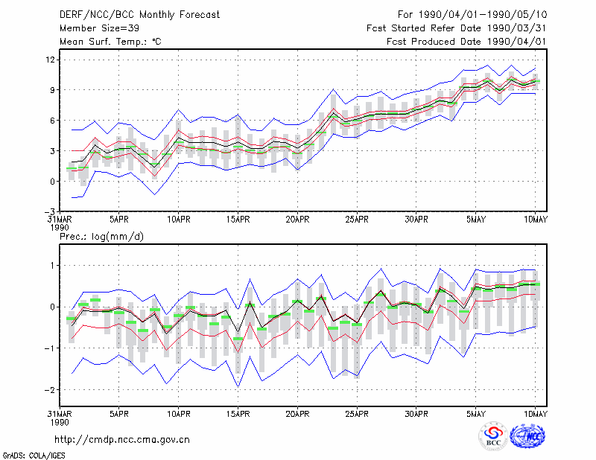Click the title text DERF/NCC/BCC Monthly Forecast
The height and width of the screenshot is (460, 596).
pos(139,15)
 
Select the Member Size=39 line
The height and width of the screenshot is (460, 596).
pos(99,28)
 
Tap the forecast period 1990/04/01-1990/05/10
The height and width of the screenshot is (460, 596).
pos(482,15)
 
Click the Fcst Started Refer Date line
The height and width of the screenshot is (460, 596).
pos(456,28)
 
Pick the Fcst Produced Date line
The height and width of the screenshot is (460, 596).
pos(466,42)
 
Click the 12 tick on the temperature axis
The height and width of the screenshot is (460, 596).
pos(51,60)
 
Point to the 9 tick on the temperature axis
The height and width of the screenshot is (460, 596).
pos(52,90)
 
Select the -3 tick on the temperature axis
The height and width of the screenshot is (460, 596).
pos(50,211)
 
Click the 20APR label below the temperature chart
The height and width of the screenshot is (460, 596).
pos(297,220)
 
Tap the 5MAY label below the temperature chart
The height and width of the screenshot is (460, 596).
pos(476,220)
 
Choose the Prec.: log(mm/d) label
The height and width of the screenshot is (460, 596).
pos(101,237)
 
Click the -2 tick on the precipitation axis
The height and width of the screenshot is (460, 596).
pos(50,390)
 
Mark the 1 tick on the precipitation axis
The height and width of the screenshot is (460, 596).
pos(52,266)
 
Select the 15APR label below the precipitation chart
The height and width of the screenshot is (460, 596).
pos(238,414)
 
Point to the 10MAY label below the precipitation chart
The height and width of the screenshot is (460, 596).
pos(535,414)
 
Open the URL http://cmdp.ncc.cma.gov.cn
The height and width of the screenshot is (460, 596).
pos(122,440)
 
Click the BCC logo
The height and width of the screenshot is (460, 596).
pos(493,436)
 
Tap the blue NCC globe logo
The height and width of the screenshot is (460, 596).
pos(527,435)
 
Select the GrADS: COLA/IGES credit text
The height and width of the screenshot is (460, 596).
pos(34,456)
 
